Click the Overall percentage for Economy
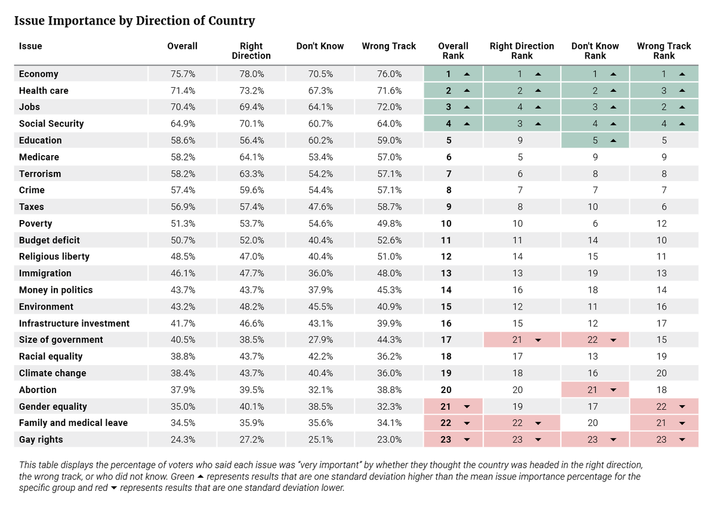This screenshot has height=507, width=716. [x=183, y=74]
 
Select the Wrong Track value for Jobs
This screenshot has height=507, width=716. [x=389, y=107]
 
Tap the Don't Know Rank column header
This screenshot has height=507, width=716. [x=595, y=51]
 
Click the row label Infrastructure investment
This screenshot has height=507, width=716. [x=74, y=323]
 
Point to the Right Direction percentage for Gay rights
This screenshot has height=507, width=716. [x=252, y=440]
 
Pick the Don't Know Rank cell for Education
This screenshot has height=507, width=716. [x=595, y=140]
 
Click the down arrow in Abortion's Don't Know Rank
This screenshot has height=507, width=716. [x=613, y=389]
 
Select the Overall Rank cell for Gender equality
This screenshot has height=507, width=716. [x=453, y=406]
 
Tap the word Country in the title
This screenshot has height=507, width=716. [x=232, y=21]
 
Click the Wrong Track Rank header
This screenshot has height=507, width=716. [x=663, y=51]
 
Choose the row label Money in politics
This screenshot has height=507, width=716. [x=55, y=290]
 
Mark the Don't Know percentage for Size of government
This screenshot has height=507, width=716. [x=320, y=339]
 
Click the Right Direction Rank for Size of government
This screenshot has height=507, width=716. [x=521, y=339]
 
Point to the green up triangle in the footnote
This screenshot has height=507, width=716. [x=200, y=477]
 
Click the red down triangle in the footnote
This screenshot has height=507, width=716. [x=113, y=488]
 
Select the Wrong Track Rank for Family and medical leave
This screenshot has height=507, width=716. [x=664, y=423]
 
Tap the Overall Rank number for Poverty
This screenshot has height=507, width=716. [x=446, y=223]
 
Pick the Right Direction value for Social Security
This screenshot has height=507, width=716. [x=252, y=123]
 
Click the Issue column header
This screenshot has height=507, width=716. [x=30, y=46]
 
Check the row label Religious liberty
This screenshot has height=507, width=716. [x=54, y=256]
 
